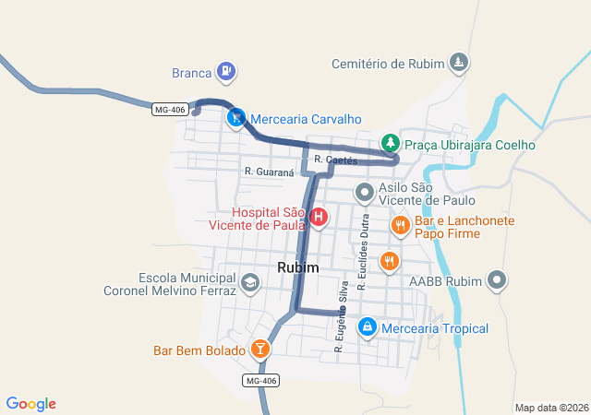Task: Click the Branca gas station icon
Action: coord(226,71)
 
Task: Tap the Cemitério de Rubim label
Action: coord(387,64)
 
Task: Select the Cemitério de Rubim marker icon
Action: coord(458,63)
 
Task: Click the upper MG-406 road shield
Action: coord(170,110)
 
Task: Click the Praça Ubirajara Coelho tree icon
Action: coord(391,143)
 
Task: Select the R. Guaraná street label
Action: coord(269,172)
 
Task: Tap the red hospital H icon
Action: coord(319,218)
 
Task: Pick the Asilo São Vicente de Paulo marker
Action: coord(365,193)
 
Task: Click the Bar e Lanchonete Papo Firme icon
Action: coord(400,223)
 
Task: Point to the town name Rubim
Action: coord(297,267)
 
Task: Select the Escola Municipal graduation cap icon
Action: coord(248,283)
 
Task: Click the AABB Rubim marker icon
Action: coord(498,279)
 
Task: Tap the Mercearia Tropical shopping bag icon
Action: coord(367,326)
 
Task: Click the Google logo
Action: coord(31,404)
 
